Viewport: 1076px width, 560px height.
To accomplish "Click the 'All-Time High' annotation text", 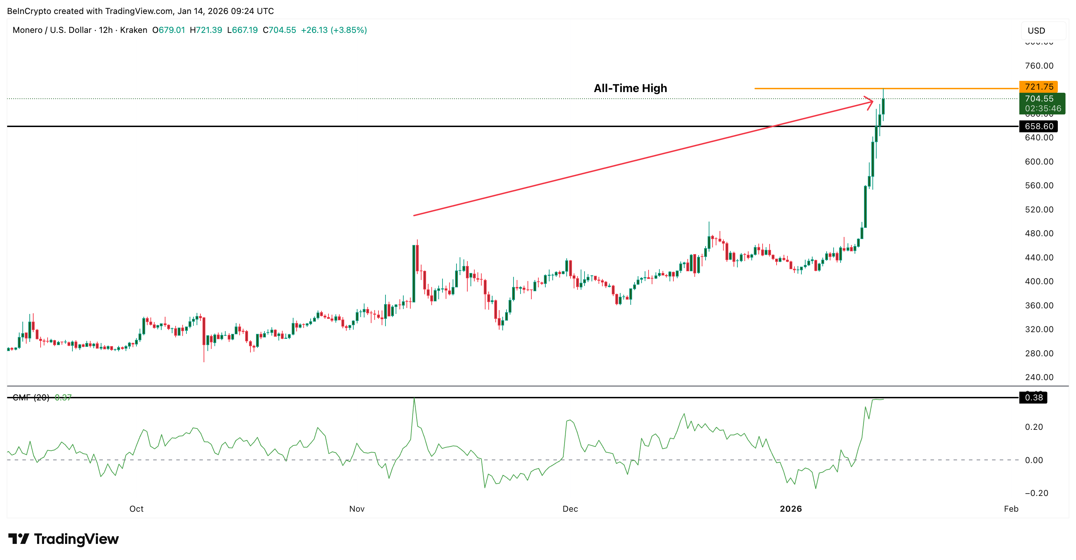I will coord(630,88).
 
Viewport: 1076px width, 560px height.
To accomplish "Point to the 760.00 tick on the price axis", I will coord(1039,65).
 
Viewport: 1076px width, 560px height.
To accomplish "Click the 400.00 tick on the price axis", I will coord(1039,281).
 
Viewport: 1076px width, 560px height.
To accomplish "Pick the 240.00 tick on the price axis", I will coord(1039,377).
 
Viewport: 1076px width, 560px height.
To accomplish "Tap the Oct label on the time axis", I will coord(136,509).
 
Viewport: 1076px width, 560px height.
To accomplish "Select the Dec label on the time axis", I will coord(570,509).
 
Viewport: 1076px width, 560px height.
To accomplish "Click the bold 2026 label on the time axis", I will coord(791,509).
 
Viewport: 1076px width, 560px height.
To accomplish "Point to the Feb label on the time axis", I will coord(1011,509).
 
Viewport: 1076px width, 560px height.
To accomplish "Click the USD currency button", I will coord(1036,30).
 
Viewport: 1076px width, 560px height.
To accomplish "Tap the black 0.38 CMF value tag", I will coord(1033,398).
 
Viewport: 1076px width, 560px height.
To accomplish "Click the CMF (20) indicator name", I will coord(31,398).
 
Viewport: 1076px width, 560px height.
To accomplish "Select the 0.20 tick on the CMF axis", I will coord(1033,427).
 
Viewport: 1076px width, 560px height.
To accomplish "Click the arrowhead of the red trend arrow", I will coord(871,101).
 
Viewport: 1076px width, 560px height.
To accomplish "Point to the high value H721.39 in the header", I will coord(206,30).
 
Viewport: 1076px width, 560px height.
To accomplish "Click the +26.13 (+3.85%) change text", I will coord(334,30).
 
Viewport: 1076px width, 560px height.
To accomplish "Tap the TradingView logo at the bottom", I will coord(64,539).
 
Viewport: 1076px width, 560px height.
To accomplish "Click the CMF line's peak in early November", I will coord(414,399).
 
